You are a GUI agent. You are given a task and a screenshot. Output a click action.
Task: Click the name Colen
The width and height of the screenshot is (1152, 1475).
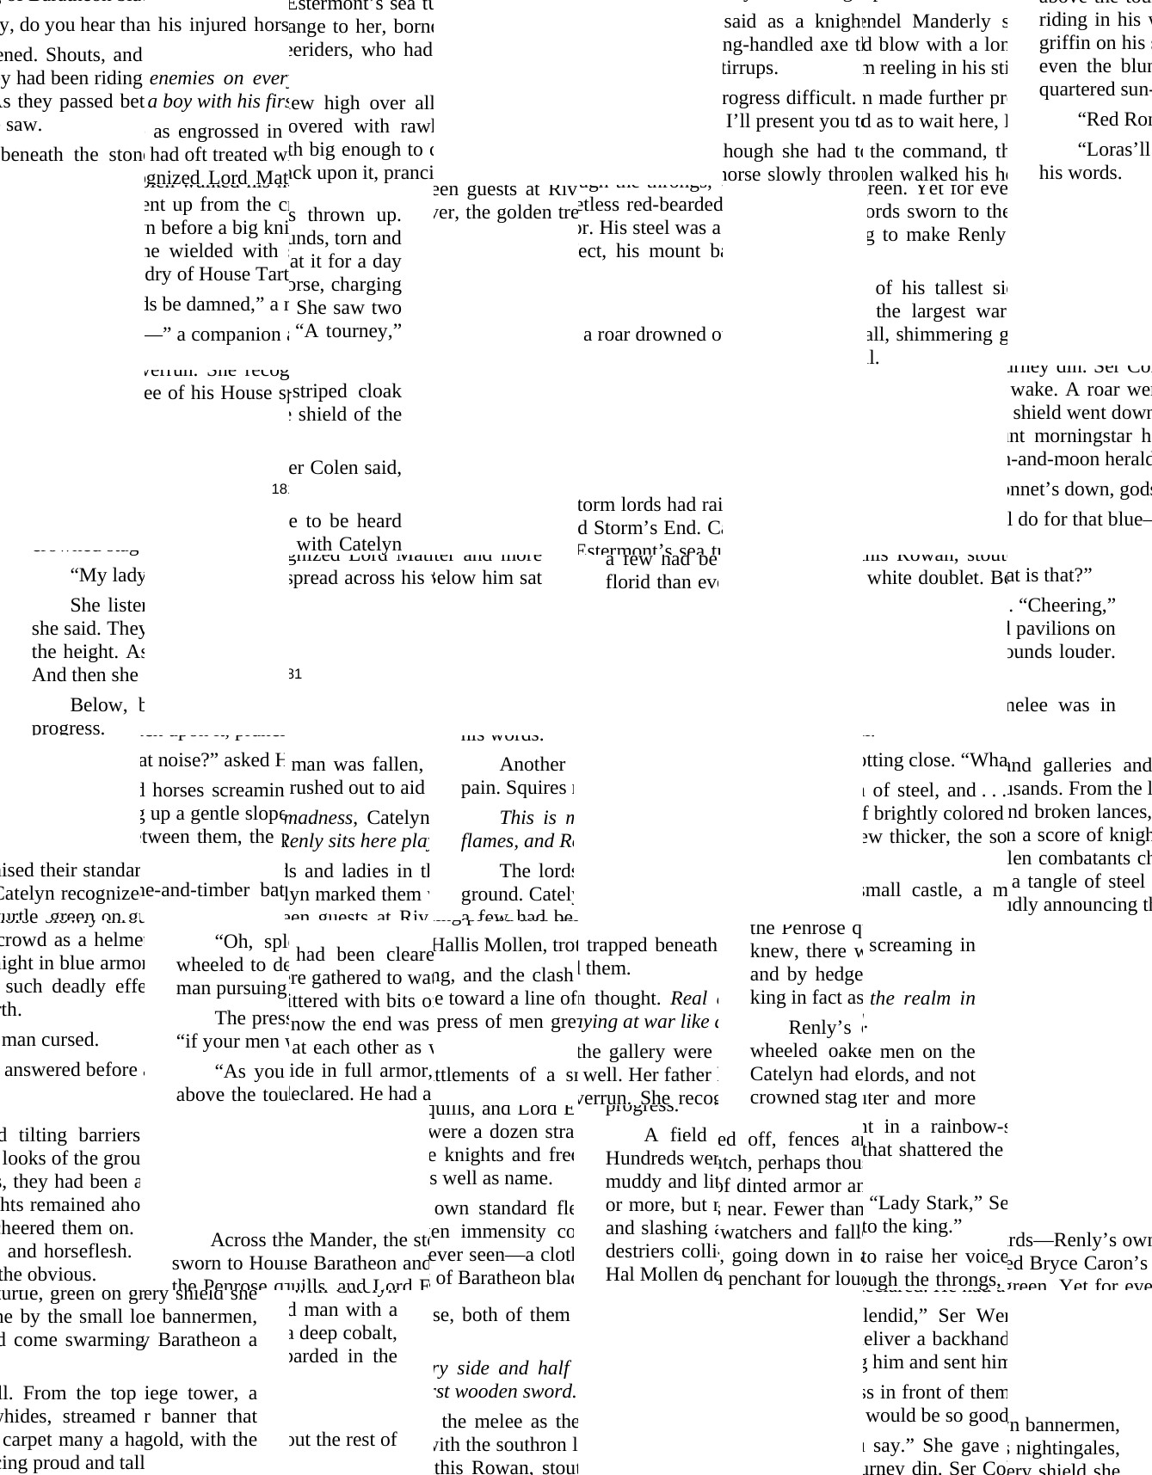(335, 467)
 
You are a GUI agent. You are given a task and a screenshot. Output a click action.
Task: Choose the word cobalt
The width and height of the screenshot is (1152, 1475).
(370, 1332)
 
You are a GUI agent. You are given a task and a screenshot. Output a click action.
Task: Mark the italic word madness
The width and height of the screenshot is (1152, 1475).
(319, 817)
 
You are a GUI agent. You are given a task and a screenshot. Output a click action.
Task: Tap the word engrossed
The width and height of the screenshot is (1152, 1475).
(219, 131)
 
